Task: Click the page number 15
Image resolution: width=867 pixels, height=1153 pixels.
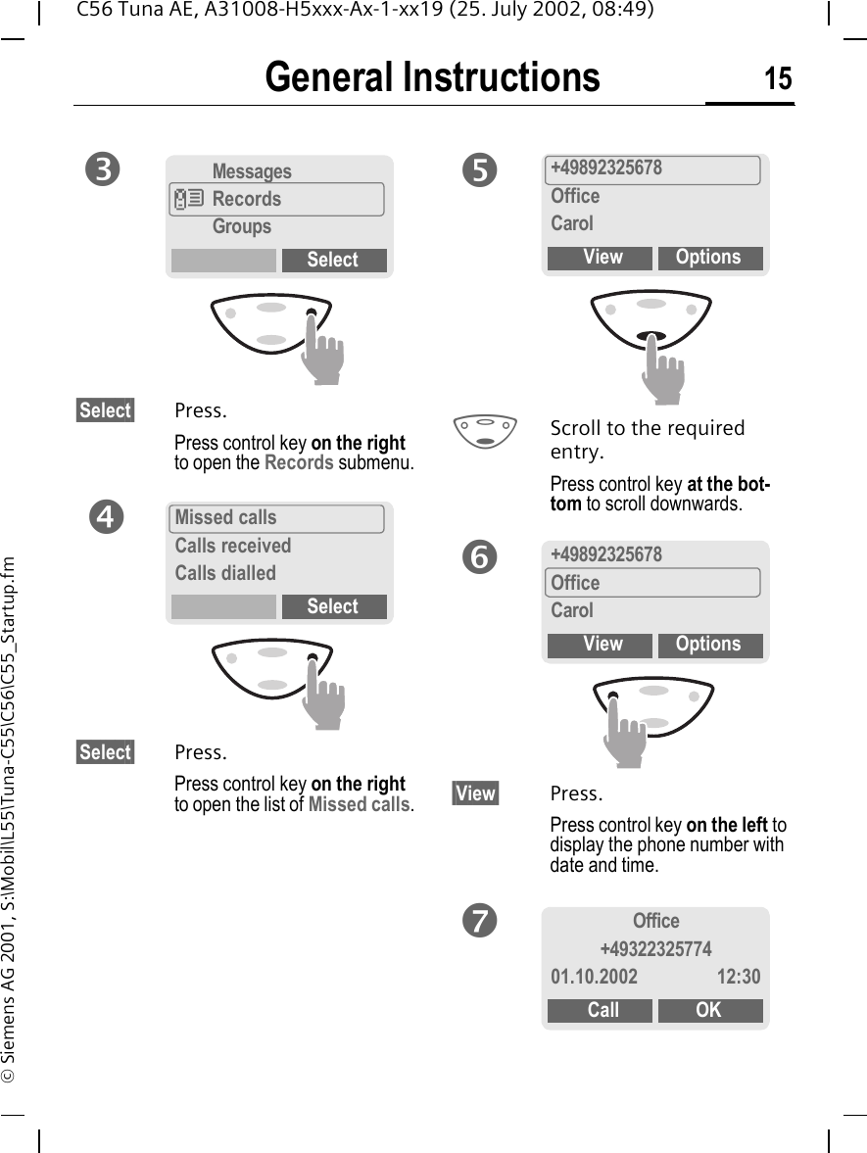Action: tap(778, 78)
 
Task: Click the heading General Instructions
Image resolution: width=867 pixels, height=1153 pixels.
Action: tap(432, 77)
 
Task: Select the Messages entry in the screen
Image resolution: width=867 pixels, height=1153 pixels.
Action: tap(252, 171)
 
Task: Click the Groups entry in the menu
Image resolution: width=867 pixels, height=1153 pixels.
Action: tap(242, 226)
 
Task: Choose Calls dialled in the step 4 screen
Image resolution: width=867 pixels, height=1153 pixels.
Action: tap(225, 573)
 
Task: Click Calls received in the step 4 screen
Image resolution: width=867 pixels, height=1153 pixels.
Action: tap(233, 546)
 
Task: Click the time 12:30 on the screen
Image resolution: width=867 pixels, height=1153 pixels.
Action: tap(738, 977)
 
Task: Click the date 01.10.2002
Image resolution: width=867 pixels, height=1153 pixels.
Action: tap(594, 977)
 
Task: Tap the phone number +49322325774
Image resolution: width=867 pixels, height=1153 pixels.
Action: tap(655, 949)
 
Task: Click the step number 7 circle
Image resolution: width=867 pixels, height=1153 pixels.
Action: tap(481, 921)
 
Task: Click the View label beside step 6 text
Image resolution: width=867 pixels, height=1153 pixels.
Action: tap(475, 793)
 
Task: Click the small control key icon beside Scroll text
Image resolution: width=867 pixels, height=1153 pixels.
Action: tap(485, 431)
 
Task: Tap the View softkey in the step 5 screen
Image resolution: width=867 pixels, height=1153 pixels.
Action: tap(602, 258)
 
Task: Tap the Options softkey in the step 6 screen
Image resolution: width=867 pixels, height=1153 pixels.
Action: tap(709, 645)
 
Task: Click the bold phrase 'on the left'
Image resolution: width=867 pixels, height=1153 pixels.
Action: tap(726, 825)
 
